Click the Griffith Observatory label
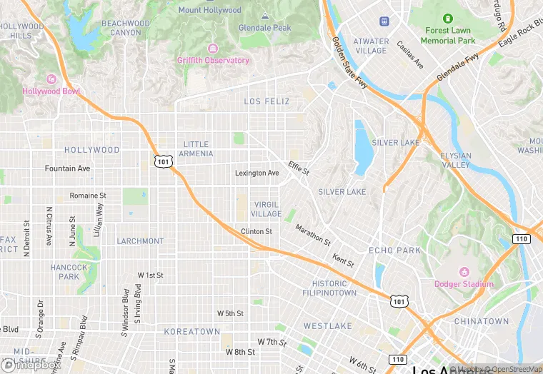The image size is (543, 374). [x=214, y=61]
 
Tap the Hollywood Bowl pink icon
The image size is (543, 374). [x=51, y=79]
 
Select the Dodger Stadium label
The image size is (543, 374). [x=464, y=284]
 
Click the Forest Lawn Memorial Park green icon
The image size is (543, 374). [x=448, y=19]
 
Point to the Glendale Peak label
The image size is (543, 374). [x=265, y=28]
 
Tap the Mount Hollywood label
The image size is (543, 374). [x=210, y=10]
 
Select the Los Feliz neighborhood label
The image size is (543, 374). [x=267, y=101]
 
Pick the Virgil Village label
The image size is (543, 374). [x=266, y=209]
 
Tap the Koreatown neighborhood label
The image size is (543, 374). [x=192, y=332]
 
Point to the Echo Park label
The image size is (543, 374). [x=395, y=251]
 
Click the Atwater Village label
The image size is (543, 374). [x=371, y=46]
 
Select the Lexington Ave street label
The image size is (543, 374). [x=257, y=173]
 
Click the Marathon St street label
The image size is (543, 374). [x=313, y=233]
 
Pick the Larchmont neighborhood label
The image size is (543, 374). [x=140, y=241]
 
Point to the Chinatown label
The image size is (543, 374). [x=482, y=322]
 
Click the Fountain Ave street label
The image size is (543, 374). [x=68, y=168]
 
